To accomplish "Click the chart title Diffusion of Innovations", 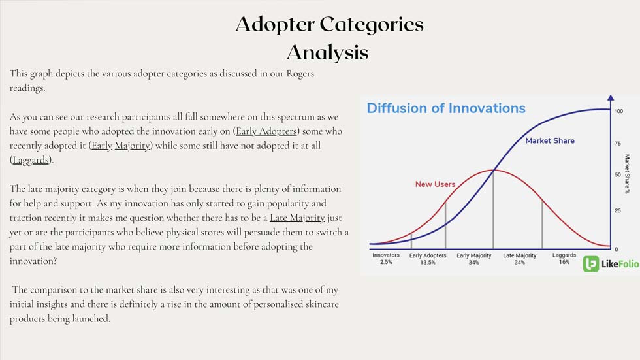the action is [x=445, y=108].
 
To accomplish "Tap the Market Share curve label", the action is [x=550, y=141].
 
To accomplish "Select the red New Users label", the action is [x=435, y=184].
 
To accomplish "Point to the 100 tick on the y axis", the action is [x=619, y=111].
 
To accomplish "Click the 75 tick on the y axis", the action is [x=618, y=144].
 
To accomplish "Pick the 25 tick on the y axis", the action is [x=618, y=210].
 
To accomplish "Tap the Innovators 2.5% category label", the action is [x=386, y=258].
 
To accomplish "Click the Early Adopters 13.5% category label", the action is [x=428, y=259].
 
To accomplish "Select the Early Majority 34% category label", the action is [x=474, y=259].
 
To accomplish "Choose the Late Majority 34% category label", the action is [x=520, y=259].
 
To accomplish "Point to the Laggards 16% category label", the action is [x=564, y=258].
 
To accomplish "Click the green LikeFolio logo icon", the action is [x=590, y=264].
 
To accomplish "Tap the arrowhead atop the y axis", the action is [x=611, y=97].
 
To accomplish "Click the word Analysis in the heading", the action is [x=327, y=53].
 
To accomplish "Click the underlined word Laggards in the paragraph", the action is [x=31, y=160].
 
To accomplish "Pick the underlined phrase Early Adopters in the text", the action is [x=266, y=131].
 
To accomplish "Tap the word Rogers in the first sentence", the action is [x=300, y=74].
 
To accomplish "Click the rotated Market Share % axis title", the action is [x=628, y=174].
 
